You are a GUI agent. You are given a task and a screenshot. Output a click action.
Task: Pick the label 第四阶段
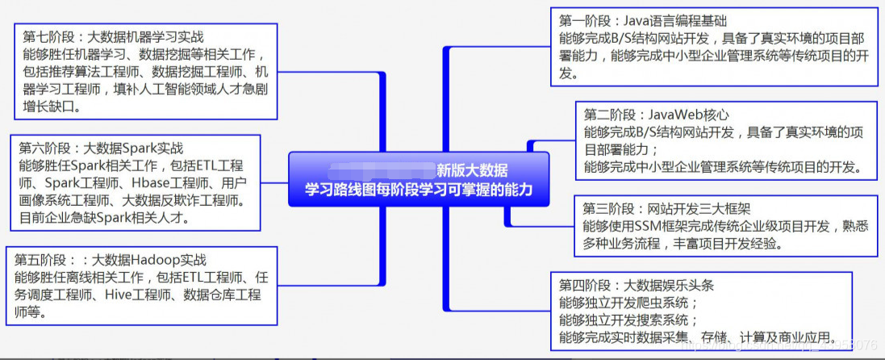(583, 285)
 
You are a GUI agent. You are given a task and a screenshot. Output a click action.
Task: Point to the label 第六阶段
(44, 148)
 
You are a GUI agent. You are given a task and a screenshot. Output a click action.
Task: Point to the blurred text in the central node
(380, 170)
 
